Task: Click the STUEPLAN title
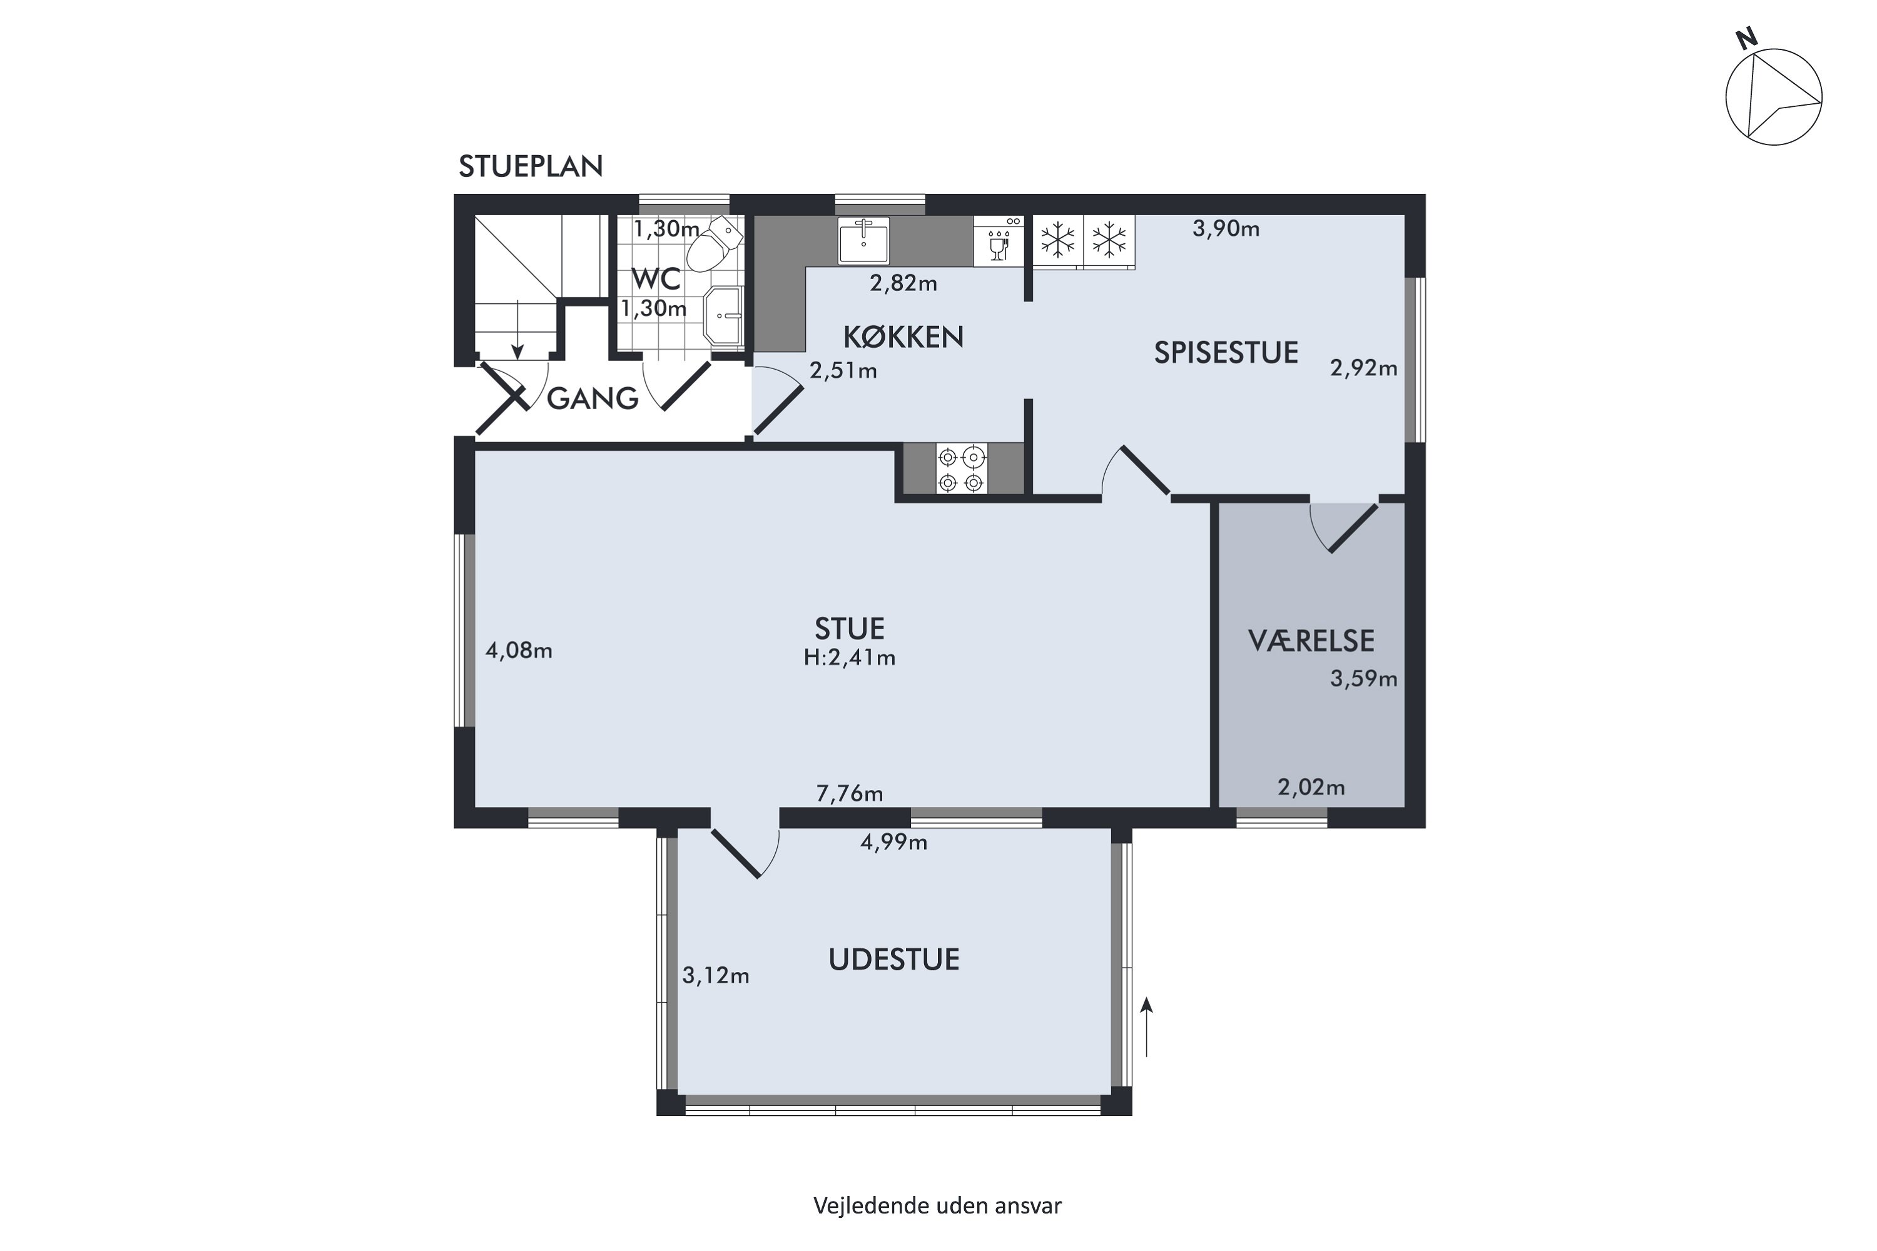531,166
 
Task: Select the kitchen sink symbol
863,240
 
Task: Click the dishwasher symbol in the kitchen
999,240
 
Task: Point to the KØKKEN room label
903,338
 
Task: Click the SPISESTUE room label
1226,353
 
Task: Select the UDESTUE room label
894,959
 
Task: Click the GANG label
592,398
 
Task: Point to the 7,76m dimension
849,793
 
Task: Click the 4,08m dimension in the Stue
519,651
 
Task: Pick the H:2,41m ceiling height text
849,657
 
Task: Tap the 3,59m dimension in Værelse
1363,679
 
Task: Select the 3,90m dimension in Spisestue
1226,229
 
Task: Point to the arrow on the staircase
517,330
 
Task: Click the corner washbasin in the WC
723,316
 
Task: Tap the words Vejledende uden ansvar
938,1205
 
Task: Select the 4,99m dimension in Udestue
894,843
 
